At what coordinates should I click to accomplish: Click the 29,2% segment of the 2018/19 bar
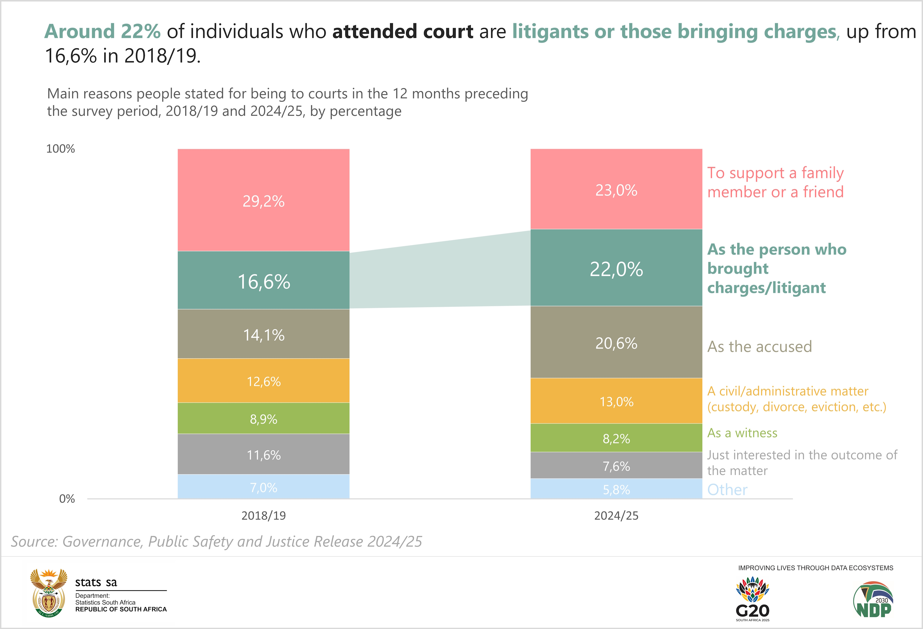(263, 200)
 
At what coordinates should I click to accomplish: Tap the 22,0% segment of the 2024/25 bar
(616, 268)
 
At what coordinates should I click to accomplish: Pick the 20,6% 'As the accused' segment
(616, 342)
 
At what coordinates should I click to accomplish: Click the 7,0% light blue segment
(263, 487)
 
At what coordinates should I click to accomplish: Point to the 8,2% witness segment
(616, 438)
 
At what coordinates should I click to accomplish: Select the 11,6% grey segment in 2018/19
(263, 454)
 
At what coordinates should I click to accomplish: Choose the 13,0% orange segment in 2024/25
(616, 401)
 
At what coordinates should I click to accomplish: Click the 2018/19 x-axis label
(263, 516)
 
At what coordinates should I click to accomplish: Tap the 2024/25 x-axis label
(616, 516)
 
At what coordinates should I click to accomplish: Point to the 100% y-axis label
(60, 149)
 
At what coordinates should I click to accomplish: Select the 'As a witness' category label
(742, 433)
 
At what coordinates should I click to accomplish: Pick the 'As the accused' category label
(759, 346)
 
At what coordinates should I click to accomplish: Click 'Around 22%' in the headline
(102, 31)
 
